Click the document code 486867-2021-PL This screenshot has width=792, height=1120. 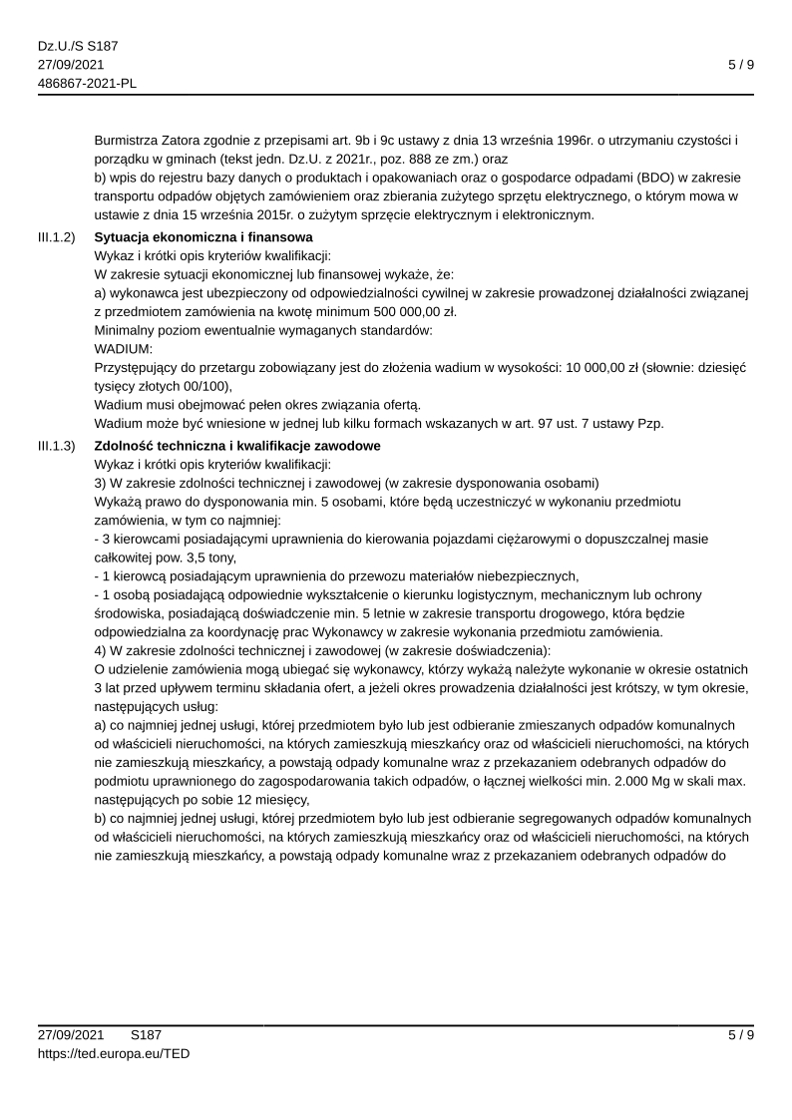(x=87, y=83)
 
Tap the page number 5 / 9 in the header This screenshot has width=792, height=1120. (x=740, y=65)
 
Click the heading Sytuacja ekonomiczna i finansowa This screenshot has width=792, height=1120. (x=202, y=237)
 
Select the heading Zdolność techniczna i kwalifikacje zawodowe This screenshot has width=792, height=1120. (x=237, y=445)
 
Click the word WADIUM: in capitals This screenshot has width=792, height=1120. (x=123, y=349)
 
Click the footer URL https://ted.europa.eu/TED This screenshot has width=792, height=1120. (x=114, y=1053)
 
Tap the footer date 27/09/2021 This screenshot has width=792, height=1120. (x=72, y=1035)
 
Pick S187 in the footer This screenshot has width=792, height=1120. (x=146, y=1035)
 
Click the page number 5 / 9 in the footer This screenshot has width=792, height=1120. (x=740, y=1035)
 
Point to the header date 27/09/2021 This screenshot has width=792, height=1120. (x=72, y=65)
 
